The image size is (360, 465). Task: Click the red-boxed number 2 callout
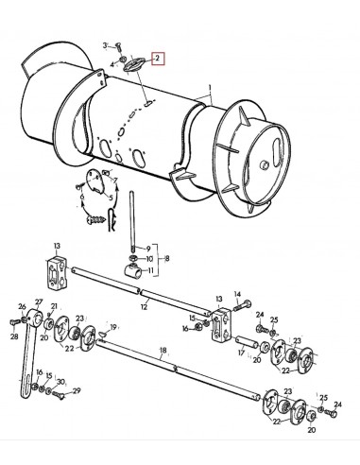(x=160, y=58)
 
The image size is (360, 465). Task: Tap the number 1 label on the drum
(x=214, y=97)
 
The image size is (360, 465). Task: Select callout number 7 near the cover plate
(x=114, y=179)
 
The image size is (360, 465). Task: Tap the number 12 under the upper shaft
(x=145, y=305)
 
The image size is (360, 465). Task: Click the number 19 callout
(x=114, y=327)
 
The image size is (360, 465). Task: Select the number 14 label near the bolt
(x=237, y=293)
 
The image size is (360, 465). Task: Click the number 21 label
(x=54, y=307)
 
